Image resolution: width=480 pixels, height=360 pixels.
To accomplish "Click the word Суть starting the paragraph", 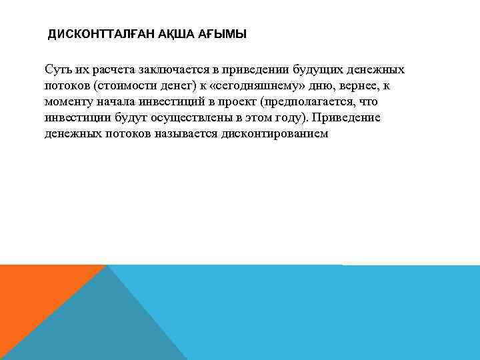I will click(x=57, y=70).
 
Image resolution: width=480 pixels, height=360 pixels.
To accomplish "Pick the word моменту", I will click(x=67, y=102).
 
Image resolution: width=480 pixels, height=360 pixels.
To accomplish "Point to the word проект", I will click(x=237, y=102).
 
